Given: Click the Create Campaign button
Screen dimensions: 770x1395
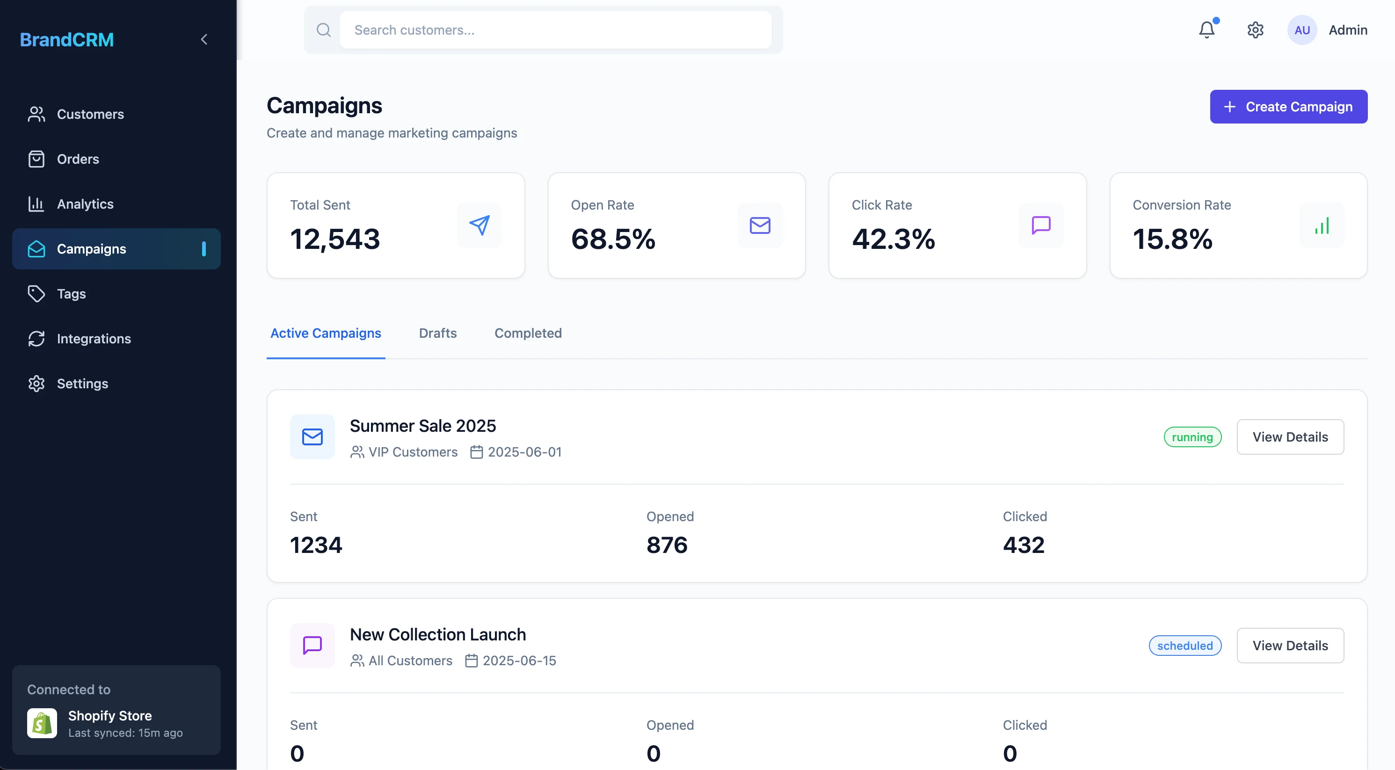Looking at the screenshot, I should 1288,107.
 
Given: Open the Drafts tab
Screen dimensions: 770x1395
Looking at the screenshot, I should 437,333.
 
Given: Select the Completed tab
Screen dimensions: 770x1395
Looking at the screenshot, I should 528,333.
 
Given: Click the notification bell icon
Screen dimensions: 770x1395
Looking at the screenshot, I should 1206,30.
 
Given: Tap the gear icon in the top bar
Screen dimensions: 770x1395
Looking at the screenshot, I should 1255,30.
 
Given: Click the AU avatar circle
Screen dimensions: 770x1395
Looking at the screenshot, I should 1301,30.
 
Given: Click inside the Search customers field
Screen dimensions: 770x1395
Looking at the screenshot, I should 555,30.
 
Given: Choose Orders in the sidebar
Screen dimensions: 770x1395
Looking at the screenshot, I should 78,159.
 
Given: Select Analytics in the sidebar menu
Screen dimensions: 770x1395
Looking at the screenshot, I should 85,204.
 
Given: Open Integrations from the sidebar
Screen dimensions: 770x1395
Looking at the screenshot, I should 94,338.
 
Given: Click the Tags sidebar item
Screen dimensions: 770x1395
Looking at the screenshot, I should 71,293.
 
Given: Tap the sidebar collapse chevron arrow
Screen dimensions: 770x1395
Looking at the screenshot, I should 204,39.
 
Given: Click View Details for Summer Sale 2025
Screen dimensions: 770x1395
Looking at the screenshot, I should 1289,437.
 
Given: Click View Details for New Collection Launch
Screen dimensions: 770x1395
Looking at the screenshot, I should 1289,646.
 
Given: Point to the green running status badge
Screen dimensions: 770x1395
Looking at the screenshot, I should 1192,437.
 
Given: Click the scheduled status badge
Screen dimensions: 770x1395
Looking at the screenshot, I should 1184,646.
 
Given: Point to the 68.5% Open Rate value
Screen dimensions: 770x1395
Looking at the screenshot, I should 612,239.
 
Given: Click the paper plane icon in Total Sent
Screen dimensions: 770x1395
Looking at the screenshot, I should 479,225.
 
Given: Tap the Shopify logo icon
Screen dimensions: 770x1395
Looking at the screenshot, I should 42,723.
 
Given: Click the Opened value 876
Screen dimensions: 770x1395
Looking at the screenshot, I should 667,545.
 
